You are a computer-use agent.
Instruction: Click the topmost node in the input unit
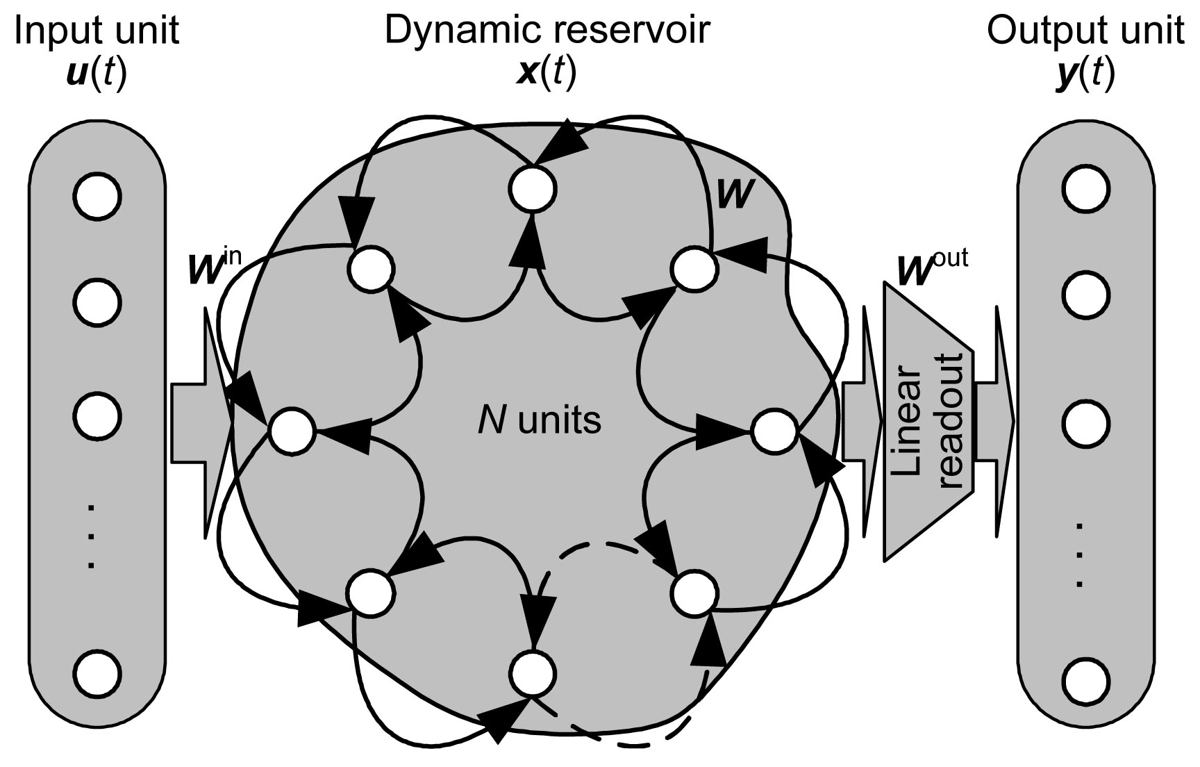click(97, 196)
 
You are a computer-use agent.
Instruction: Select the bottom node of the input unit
click(97, 673)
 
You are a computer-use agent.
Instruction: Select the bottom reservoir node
click(533, 673)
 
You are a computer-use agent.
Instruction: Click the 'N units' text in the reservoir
click(539, 420)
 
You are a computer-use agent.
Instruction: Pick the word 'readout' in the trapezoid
click(951, 420)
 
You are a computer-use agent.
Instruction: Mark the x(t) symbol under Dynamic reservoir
click(547, 72)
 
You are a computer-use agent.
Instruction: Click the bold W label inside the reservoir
click(734, 195)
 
